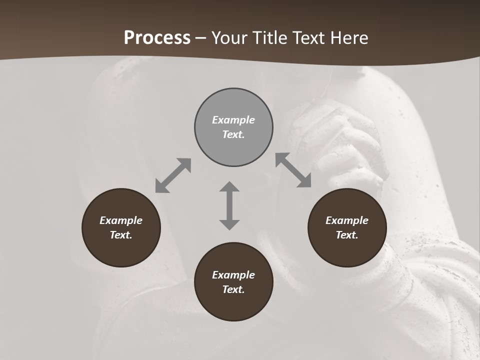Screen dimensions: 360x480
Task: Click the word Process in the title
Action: click(x=157, y=38)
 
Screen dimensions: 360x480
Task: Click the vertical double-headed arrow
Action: click(x=229, y=205)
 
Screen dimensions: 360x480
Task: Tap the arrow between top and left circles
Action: click(x=173, y=175)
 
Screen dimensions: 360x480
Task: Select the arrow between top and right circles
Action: click(x=293, y=170)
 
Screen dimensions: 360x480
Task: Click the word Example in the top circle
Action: click(x=233, y=120)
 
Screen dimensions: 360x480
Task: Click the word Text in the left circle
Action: click(x=121, y=235)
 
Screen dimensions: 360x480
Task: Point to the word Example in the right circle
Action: click(x=347, y=220)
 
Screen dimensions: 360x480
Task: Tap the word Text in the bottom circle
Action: click(x=233, y=289)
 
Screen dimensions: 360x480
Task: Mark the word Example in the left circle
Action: click(x=121, y=220)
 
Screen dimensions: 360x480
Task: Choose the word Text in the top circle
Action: click(x=233, y=134)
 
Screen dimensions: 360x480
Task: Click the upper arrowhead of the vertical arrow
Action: click(x=229, y=187)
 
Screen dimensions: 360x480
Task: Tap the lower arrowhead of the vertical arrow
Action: click(x=229, y=224)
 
